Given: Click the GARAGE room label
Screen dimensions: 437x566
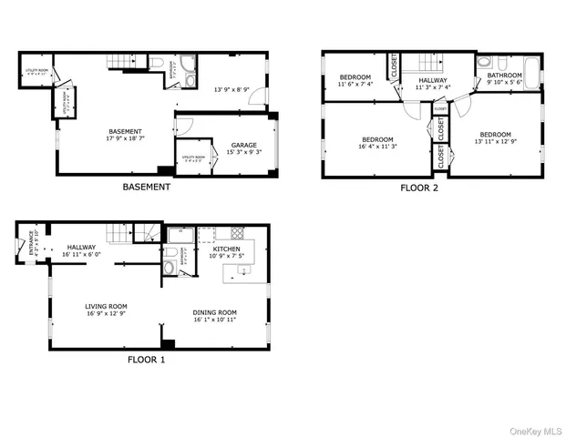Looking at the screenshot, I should (243, 145).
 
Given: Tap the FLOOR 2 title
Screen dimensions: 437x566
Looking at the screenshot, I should (420, 188).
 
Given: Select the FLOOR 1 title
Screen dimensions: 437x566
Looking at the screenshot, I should (146, 359).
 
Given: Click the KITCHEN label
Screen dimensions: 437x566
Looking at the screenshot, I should (227, 249).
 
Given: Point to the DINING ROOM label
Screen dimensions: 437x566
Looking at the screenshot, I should (215, 313).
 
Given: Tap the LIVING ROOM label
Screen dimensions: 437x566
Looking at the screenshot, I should (106, 306).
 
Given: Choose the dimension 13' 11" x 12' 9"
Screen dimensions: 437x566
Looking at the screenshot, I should (496, 141).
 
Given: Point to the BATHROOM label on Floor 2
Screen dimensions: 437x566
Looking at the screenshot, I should (504, 76).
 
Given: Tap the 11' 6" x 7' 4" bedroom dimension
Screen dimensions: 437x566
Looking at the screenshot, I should (355, 84).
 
